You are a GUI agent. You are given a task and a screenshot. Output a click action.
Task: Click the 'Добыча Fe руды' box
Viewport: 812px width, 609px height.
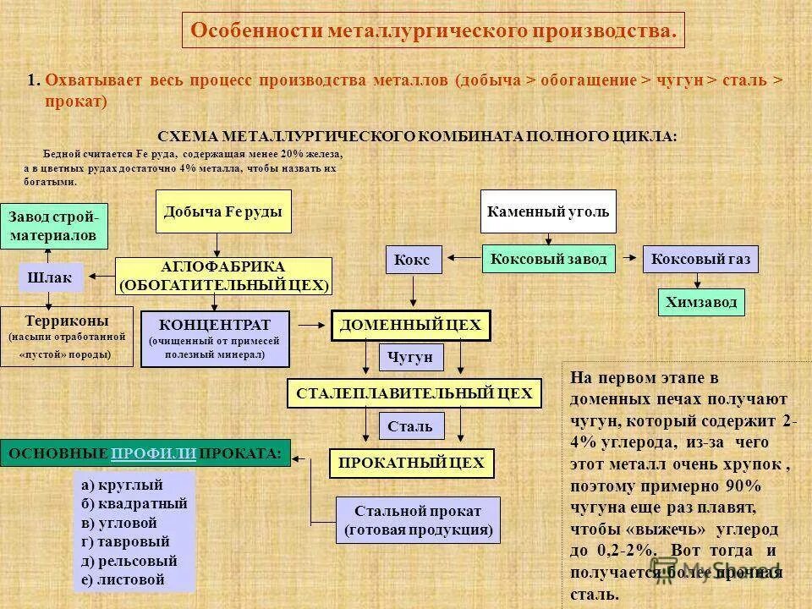click(x=223, y=211)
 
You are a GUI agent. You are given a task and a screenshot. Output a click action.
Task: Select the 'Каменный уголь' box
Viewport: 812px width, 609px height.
click(x=548, y=211)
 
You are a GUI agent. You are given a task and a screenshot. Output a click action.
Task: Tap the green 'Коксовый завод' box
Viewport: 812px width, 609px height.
click(x=549, y=259)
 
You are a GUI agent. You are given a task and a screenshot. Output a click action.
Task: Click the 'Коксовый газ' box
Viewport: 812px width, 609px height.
click(x=701, y=259)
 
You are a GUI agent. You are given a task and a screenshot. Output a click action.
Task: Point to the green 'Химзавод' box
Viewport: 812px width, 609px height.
click(x=701, y=302)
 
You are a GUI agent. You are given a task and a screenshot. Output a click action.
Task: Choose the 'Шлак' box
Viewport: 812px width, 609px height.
click(x=51, y=277)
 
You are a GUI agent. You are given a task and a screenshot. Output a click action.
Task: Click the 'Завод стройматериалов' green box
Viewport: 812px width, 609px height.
click(x=53, y=227)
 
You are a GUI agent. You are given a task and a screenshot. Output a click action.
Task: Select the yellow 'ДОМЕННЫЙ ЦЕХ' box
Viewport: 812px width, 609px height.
click(x=410, y=325)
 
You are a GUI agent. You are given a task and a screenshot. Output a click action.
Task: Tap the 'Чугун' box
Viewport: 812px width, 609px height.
click(x=410, y=358)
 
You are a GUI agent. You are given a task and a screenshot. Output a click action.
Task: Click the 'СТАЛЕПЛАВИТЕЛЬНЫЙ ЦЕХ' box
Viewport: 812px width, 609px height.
click(x=414, y=393)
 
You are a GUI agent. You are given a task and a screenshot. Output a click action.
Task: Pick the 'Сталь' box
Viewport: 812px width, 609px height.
click(x=410, y=426)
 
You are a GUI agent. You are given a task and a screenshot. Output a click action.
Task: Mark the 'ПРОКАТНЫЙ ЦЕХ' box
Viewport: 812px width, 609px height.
click(x=411, y=463)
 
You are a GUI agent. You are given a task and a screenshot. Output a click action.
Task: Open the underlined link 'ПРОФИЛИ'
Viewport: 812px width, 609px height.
click(x=153, y=453)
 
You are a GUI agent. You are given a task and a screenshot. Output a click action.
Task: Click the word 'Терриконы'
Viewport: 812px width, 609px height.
click(x=66, y=321)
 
